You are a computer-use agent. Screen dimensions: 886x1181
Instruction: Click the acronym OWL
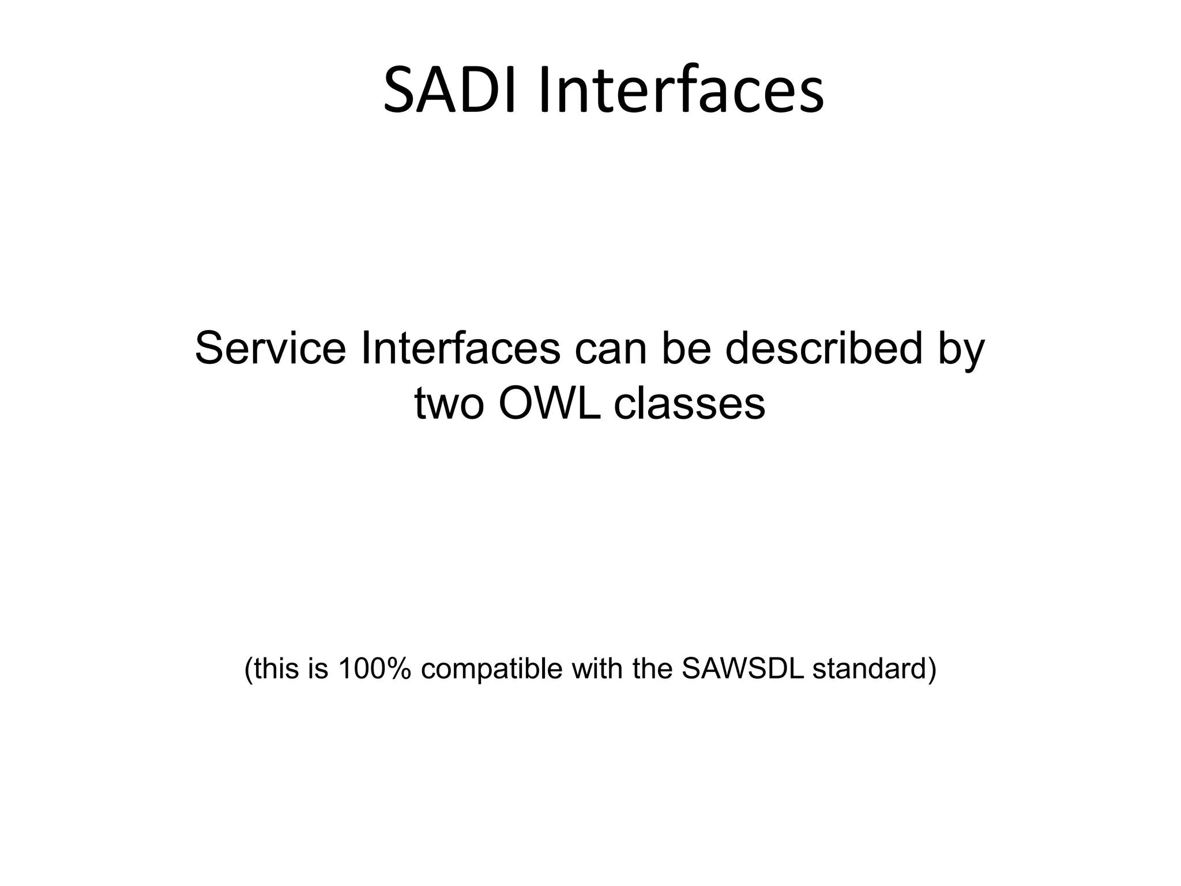coord(548,403)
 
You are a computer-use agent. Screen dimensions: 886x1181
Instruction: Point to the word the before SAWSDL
coord(653,669)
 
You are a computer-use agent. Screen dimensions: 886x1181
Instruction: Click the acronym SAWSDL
coord(742,669)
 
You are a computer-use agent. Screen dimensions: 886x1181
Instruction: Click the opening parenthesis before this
coord(249,670)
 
